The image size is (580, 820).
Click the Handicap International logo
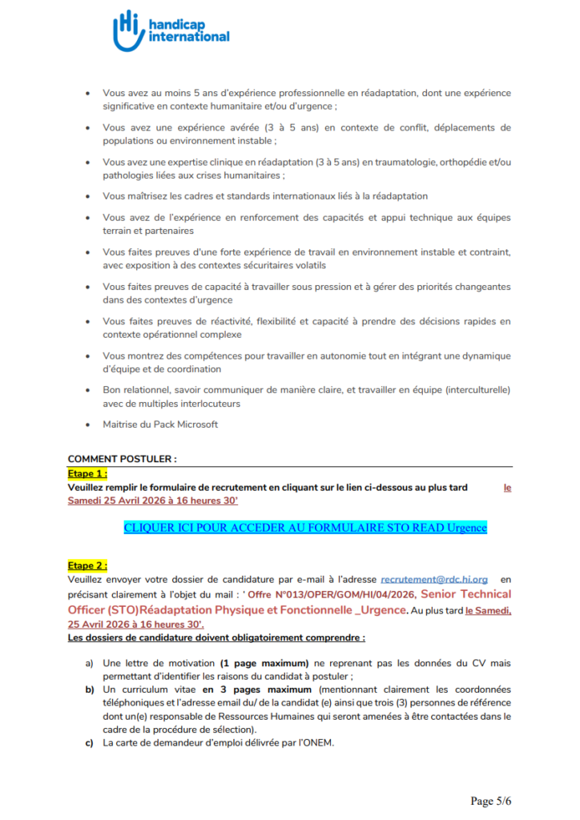click(171, 30)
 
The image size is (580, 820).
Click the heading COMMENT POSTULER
click(122, 459)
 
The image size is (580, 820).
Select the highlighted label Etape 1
click(87, 473)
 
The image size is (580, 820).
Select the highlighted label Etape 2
click(87, 565)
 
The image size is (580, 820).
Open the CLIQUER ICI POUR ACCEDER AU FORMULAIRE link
click(305, 528)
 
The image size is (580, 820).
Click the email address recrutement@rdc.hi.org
click(434, 578)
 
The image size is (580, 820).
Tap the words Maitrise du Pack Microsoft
click(160, 424)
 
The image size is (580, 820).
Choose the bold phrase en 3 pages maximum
click(258, 689)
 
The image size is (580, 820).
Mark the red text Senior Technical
click(465, 594)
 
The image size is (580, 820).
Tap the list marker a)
click(90, 664)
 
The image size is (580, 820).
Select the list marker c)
click(90, 742)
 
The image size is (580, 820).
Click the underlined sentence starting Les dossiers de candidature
click(216, 638)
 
